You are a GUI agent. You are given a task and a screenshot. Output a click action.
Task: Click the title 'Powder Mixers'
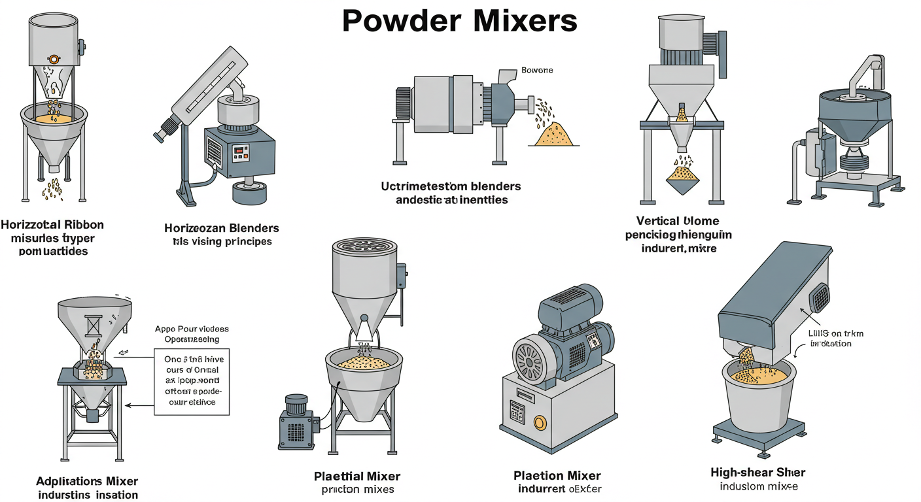pyautogui.click(x=460, y=21)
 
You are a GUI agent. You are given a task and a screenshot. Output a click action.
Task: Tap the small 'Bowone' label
pyautogui.click(x=536, y=70)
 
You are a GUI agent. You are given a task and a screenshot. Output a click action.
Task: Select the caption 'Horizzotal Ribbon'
pyautogui.click(x=52, y=225)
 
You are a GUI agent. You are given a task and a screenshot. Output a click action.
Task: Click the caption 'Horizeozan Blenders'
pyautogui.click(x=222, y=228)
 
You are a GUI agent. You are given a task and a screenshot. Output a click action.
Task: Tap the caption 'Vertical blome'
pyautogui.click(x=677, y=221)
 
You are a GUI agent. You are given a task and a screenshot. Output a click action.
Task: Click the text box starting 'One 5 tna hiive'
pyautogui.click(x=192, y=381)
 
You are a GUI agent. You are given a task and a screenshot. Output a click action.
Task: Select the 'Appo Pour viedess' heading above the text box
pyautogui.click(x=192, y=329)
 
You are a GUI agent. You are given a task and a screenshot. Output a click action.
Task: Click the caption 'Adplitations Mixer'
pyautogui.click(x=87, y=481)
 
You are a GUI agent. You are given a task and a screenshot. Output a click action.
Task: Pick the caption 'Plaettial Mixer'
pyautogui.click(x=357, y=477)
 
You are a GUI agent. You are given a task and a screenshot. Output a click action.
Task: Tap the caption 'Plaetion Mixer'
pyautogui.click(x=557, y=476)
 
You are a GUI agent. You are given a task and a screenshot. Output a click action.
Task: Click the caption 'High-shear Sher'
pyautogui.click(x=757, y=472)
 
